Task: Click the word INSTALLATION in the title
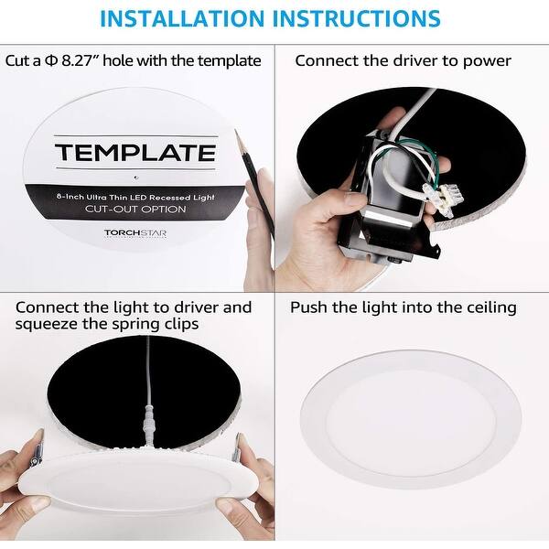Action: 182,18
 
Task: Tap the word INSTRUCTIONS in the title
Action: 357,18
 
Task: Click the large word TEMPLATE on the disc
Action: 135,152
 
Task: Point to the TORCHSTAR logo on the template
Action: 135,232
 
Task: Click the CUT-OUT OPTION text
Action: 135,209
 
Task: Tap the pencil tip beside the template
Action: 237,131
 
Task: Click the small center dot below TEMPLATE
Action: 135,178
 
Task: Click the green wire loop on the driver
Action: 425,157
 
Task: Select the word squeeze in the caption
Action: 47,324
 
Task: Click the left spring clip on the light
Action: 38,452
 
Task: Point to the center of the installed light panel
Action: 410,419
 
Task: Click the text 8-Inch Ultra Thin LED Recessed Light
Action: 135,197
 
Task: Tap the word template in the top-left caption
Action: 229,61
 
